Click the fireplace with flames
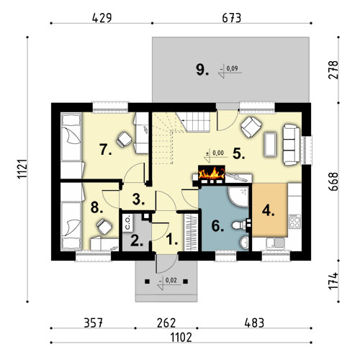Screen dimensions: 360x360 pyautogui.click(x=212, y=172)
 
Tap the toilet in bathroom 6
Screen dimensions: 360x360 pyautogui.click(x=239, y=225)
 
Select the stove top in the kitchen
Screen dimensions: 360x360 pyautogui.click(x=294, y=222)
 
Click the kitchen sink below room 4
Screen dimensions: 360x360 pyautogui.click(x=276, y=243)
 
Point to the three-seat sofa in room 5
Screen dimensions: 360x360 pyautogui.click(x=291, y=145)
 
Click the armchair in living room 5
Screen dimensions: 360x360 pyautogui.click(x=251, y=127)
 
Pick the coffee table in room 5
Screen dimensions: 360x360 pyautogui.click(x=270, y=145)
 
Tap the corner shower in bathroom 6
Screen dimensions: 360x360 pyautogui.click(x=238, y=197)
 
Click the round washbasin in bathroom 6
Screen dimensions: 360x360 pyautogui.click(x=244, y=242)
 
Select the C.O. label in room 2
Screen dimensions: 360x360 pyautogui.click(x=127, y=222)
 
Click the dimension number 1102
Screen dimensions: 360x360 pyautogui.click(x=181, y=338)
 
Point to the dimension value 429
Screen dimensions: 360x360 pyautogui.click(x=102, y=18)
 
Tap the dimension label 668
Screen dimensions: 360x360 pyautogui.click(x=333, y=181)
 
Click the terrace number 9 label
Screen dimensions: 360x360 pyautogui.click(x=202, y=70)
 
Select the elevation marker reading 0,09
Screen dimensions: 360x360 pyautogui.click(x=230, y=71)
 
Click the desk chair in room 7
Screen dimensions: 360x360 pyautogui.click(x=124, y=139)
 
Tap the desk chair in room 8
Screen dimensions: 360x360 pyautogui.click(x=104, y=227)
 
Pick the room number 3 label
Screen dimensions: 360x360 pyautogui.click(x=138, y=199)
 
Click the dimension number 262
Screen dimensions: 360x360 pyautogui.click(x=166, y=323)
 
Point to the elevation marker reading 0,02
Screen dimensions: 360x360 pyautogui.click(x=168, y=282)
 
